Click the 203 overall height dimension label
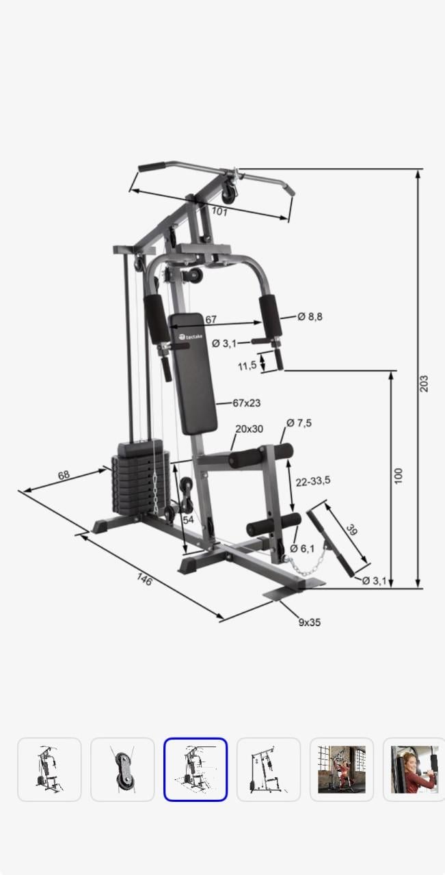click(x=424, y=383)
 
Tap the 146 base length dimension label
click(x=144, y=579)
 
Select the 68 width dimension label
click(x=64, y=475)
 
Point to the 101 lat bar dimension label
click(x=219, y=212)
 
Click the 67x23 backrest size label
click(x=247, y=403)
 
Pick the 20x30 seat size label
click(x=250, y=429)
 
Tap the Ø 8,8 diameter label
click(x=310, y=317)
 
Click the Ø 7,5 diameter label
click(x=299, y=423)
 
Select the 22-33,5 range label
click(x=313, y=481)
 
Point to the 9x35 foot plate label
click(x=310, y=622)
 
